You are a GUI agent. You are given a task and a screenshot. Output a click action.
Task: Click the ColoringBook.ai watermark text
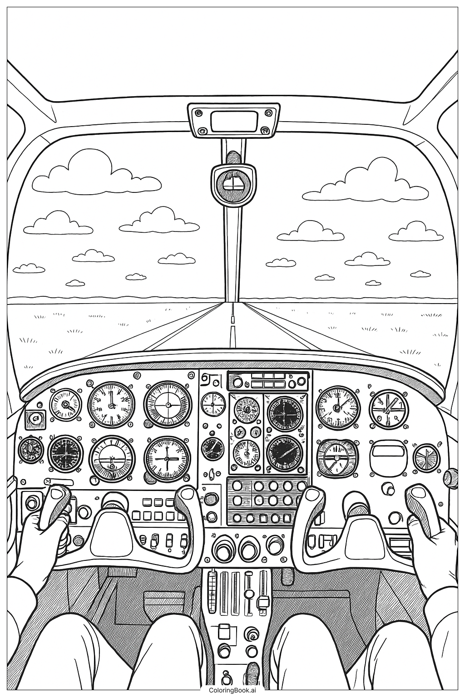[x=232, y=690]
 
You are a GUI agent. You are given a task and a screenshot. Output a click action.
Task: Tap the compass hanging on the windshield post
[x=232, y=183]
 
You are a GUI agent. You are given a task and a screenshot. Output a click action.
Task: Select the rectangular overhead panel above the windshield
[x=234, y=120]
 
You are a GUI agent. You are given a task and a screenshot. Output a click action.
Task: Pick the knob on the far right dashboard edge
[x=450, y=476]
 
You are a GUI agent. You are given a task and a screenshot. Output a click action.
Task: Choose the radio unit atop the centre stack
[x=268, y=381]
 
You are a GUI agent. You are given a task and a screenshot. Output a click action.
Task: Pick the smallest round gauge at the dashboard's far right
[x=426, y=457]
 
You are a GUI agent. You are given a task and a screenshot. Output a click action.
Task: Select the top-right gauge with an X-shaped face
[x=389, y=407]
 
